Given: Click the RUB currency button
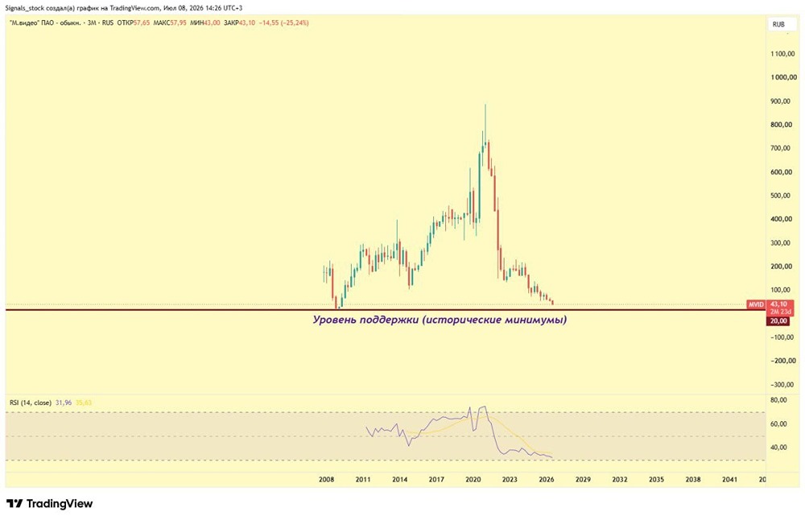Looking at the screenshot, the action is (778, 24).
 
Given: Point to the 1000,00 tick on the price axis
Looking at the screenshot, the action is (783, 77).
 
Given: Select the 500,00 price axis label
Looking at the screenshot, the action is (781, 196).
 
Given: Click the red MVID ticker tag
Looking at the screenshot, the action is (756, 304).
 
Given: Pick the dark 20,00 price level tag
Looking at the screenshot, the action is (778, 321).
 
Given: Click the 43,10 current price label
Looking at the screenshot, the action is (778, 304).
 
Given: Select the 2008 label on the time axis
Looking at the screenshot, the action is (327, 480).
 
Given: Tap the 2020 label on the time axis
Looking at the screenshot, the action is (473, 480).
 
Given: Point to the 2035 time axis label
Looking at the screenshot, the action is (656, 480).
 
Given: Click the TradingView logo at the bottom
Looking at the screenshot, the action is (49, 504).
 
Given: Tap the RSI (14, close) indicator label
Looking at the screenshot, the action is (31, 402).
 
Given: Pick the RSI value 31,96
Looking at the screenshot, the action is (63, 402).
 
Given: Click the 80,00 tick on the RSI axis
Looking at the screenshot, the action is (778, 400).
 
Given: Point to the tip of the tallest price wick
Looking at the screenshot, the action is (485, 104).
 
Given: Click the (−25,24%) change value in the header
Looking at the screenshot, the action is (295, 23).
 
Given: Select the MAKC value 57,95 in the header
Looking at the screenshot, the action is (178, 23).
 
